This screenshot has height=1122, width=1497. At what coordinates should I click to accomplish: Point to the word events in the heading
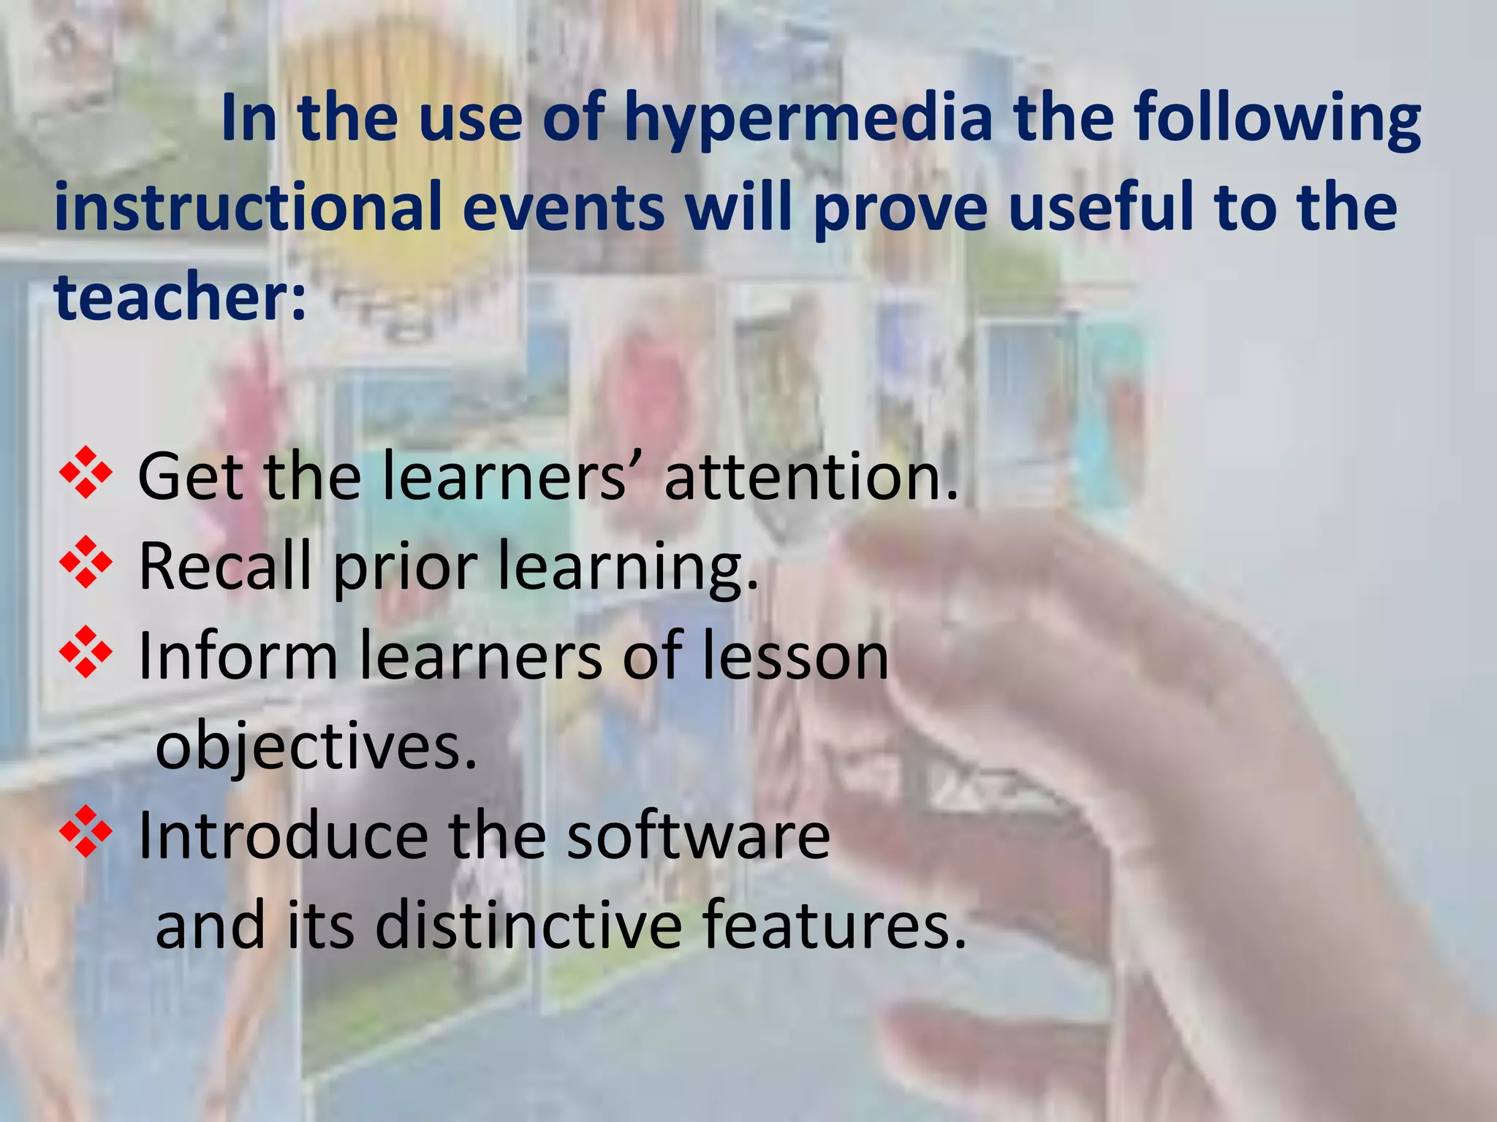[564, 207]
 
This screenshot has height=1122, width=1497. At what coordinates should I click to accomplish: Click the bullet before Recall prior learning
[86, 562]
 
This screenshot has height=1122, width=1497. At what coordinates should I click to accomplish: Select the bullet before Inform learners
[86, 652]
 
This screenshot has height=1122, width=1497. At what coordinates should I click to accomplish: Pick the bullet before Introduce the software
[86, 832]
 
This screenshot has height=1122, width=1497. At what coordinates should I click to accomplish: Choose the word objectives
[316, 748]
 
